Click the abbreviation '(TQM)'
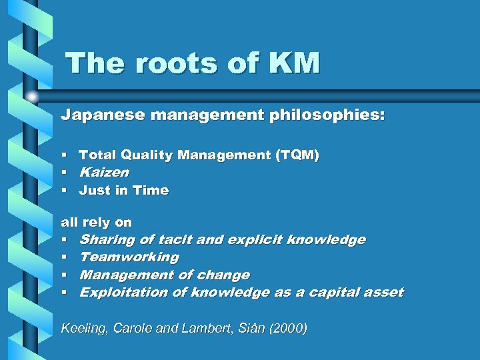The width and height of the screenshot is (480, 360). pos(297,155)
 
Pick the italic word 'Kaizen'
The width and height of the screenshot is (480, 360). pos(104,173)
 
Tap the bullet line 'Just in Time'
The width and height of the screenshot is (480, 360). pos(124,191)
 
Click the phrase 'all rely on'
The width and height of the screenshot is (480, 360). pos(97,222)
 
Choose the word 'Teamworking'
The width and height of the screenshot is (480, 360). pos(129,257)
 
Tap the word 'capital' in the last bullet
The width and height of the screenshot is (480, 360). pos(326,292)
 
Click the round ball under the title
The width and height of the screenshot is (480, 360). pos(32,96)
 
